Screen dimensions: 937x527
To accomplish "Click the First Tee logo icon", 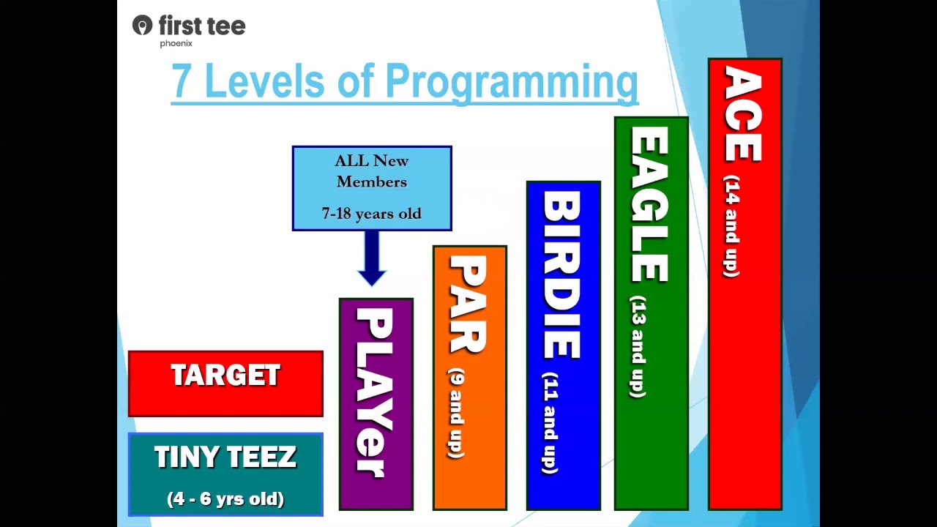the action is [142, 25].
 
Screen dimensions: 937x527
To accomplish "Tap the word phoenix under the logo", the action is [176, 43].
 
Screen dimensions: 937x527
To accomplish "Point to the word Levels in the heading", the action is [265, 80].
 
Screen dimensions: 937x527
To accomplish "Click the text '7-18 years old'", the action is [371, 214].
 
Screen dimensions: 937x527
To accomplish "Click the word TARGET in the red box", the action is [225, 375].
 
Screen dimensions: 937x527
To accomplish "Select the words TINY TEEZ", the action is [225, 456].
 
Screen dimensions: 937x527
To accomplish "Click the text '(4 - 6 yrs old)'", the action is [225, 499].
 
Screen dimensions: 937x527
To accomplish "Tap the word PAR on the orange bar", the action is [468, 304].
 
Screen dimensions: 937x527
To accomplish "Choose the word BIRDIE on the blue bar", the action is [561, 274].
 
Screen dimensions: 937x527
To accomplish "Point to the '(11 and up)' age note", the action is [550, 423].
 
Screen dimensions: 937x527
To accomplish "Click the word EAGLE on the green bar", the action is [649, 204].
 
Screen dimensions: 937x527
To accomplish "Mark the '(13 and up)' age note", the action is [638, 346].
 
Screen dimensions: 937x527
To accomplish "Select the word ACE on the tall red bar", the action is [743, 113].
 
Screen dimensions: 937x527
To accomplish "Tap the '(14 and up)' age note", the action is [731, 226].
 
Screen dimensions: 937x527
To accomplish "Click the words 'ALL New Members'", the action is [371, 171].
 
